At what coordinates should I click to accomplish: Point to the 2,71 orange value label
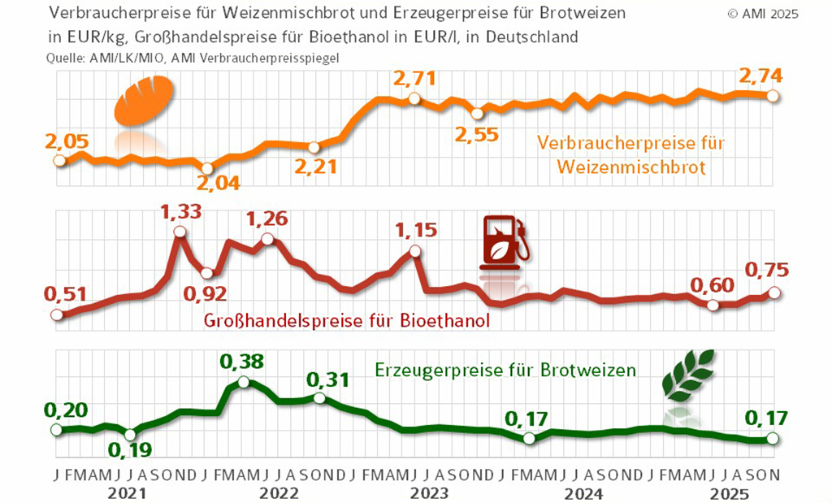point(414,80)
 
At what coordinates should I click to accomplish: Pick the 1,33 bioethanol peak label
point(180,212)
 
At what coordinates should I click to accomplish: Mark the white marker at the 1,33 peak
point(180,232)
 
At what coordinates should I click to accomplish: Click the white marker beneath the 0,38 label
point(243,382)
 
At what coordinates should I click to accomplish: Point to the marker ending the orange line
point(773,96)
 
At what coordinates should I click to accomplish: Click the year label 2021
point(127,493)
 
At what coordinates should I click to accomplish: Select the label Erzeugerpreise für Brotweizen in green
point(505,370)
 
